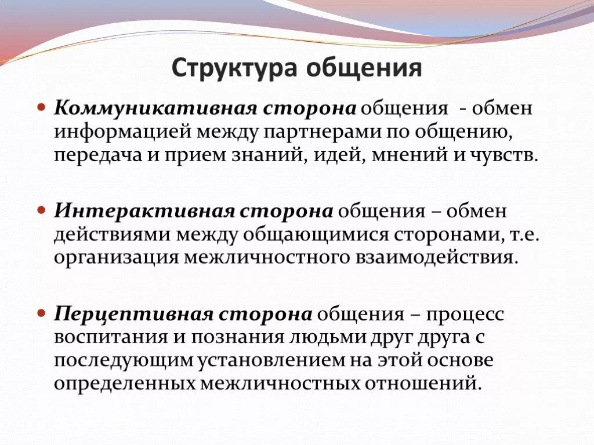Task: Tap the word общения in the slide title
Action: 364,68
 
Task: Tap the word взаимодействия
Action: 434,257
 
